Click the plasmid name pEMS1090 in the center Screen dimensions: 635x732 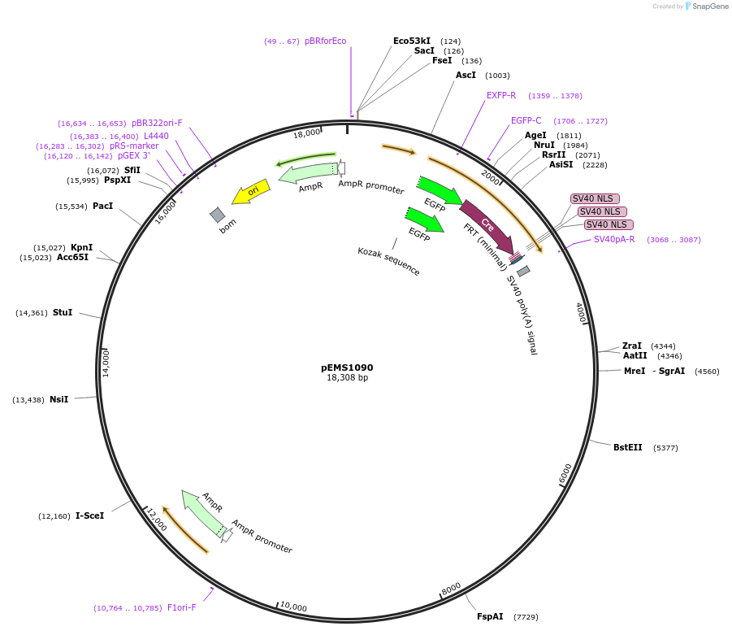coord(347,368)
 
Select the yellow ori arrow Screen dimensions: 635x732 coord(250,192)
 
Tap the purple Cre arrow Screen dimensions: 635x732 coord(487,224)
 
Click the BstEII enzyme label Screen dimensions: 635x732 coord(627,447)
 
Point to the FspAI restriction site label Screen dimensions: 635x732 coord(490,617)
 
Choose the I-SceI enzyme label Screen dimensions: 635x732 coord(89,515)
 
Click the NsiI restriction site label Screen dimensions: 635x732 coord(58,399)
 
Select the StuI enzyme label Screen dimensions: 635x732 coord(63,312)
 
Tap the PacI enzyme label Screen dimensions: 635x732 coord(102,207)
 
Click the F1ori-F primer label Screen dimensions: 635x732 coord(181,607)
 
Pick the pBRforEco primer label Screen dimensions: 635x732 coord(325,41)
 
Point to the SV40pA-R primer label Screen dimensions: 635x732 coord(614,239)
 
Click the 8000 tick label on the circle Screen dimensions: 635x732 coord(452,588)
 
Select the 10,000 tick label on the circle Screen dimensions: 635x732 coord(293,607)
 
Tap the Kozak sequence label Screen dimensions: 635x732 coord(389,262)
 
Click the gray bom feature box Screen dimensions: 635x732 coord(218,215)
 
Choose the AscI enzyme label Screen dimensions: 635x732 coord(466,76)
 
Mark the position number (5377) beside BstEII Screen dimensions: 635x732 coord(665,448)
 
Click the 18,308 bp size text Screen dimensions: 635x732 coord(347,378)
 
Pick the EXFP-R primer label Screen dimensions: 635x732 coord(501,95)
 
